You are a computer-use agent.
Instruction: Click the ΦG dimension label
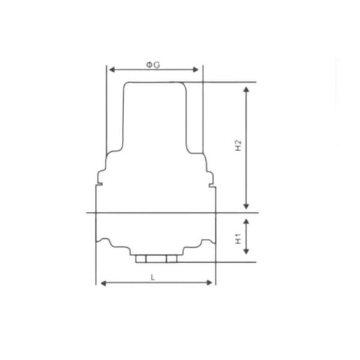click(x=153, y=65)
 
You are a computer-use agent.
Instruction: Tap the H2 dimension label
click(x=238, y=146)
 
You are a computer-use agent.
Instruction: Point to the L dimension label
click(x=154, y=277)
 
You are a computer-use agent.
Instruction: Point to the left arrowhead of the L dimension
click(x=102, y=282)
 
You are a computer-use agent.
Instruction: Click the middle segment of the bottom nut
click(x=156, y=259)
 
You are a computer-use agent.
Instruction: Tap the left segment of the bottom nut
click(x=141, y=259)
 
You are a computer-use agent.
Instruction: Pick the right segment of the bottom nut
click(x=172, y=259)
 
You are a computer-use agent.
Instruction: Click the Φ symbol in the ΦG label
click(x=149, y=65)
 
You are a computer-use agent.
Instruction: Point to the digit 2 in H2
click(x=238, y=142)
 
